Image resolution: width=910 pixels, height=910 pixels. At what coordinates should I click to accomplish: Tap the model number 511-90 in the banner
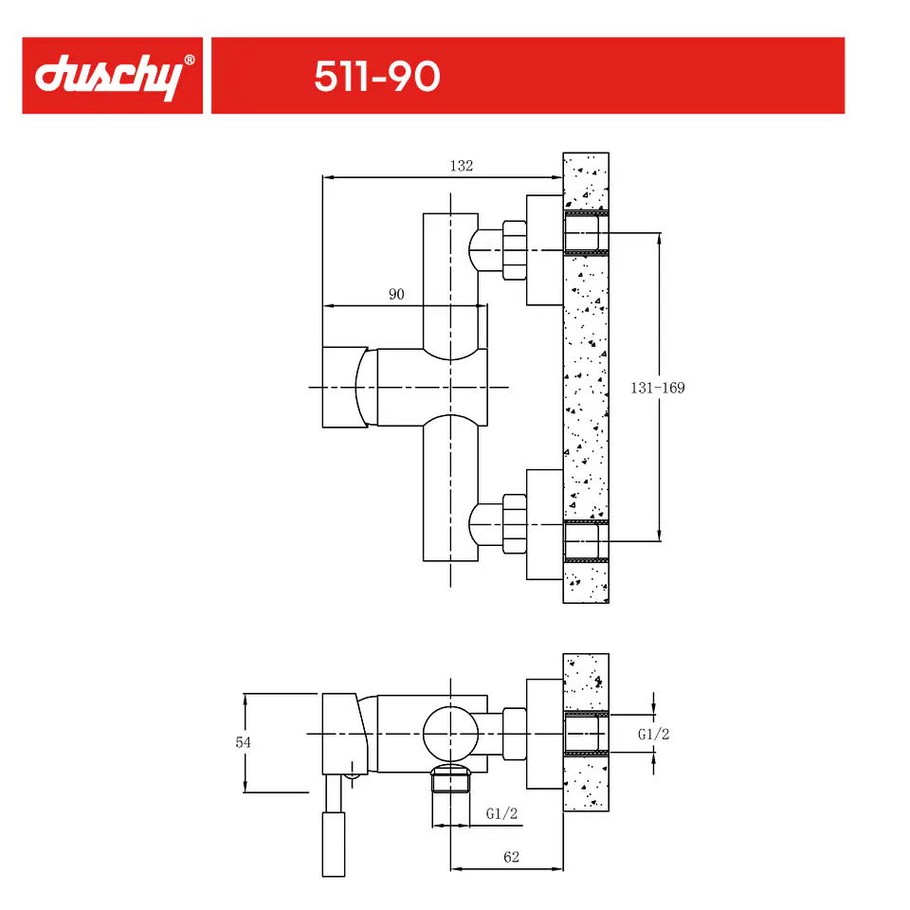point(377,76)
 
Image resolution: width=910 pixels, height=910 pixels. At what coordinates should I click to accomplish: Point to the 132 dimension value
point(462,166)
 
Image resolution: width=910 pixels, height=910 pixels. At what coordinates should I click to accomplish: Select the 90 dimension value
point(396,294)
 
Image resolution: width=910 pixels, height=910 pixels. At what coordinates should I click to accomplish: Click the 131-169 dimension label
point(658,388)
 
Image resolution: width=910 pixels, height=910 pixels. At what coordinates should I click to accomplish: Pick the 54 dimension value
point(244,742)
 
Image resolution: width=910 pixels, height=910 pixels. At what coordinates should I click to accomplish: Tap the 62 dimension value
point(511,857)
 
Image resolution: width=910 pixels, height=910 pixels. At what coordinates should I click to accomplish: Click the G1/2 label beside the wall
point(653,734)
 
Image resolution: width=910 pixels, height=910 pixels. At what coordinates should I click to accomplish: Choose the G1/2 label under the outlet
point(501,813)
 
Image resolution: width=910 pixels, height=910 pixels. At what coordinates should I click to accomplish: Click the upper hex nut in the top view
point(515,250)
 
